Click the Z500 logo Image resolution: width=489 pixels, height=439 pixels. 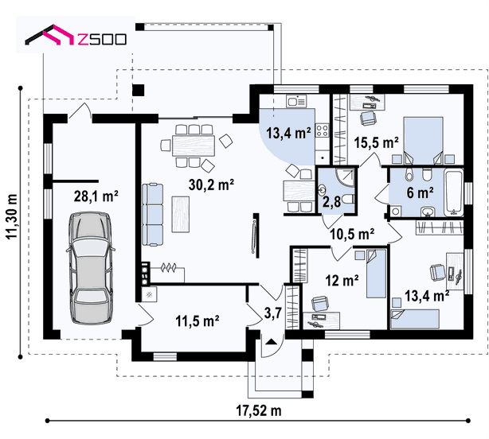click(x=76, y=35)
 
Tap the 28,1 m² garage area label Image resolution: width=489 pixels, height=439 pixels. click(x=96, y=196)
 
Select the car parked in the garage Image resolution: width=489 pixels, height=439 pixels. click(x=91, y=268)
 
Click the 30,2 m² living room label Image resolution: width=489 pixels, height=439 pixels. click(x=211, y=185)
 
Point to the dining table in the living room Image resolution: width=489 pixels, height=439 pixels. click(x=194, y=145)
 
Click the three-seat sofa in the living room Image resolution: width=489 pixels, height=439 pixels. click(x=152, y=215)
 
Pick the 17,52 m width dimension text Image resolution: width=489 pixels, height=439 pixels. click(x=259, y=410)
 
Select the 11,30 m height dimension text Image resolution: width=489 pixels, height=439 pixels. click(x=12, y=216)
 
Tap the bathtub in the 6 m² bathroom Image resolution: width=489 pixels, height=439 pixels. click(x=454, y=192)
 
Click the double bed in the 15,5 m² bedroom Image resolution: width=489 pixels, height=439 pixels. click(x=424, y=141)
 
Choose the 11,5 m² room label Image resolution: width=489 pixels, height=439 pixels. click(x=197, y=321)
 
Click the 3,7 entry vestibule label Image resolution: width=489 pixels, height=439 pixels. click(x=273, y=313)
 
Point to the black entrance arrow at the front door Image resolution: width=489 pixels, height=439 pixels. click(x=271, y=341)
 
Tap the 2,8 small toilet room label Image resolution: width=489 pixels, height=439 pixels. click(x=331, y=202)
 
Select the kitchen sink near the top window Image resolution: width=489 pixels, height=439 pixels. click(x=296, y=101)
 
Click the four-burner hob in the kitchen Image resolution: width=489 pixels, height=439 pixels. click(x=323, y=130)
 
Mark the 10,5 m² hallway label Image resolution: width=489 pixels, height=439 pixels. click(x=352, y=234)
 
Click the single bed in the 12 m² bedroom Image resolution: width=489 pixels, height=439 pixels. click(x=376, y=274)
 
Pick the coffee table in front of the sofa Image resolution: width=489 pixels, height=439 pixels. click(x=181, y=214)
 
